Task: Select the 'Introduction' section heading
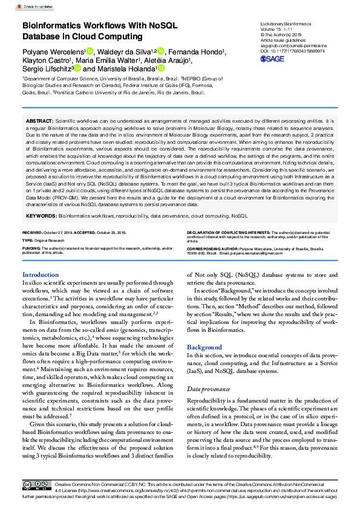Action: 41,274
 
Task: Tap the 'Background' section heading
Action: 205,348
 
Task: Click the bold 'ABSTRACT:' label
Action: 40,121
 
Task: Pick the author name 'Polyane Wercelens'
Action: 53,51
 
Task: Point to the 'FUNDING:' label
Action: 31,248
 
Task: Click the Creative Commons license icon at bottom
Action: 36,485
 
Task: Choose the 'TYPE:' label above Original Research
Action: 28,240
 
